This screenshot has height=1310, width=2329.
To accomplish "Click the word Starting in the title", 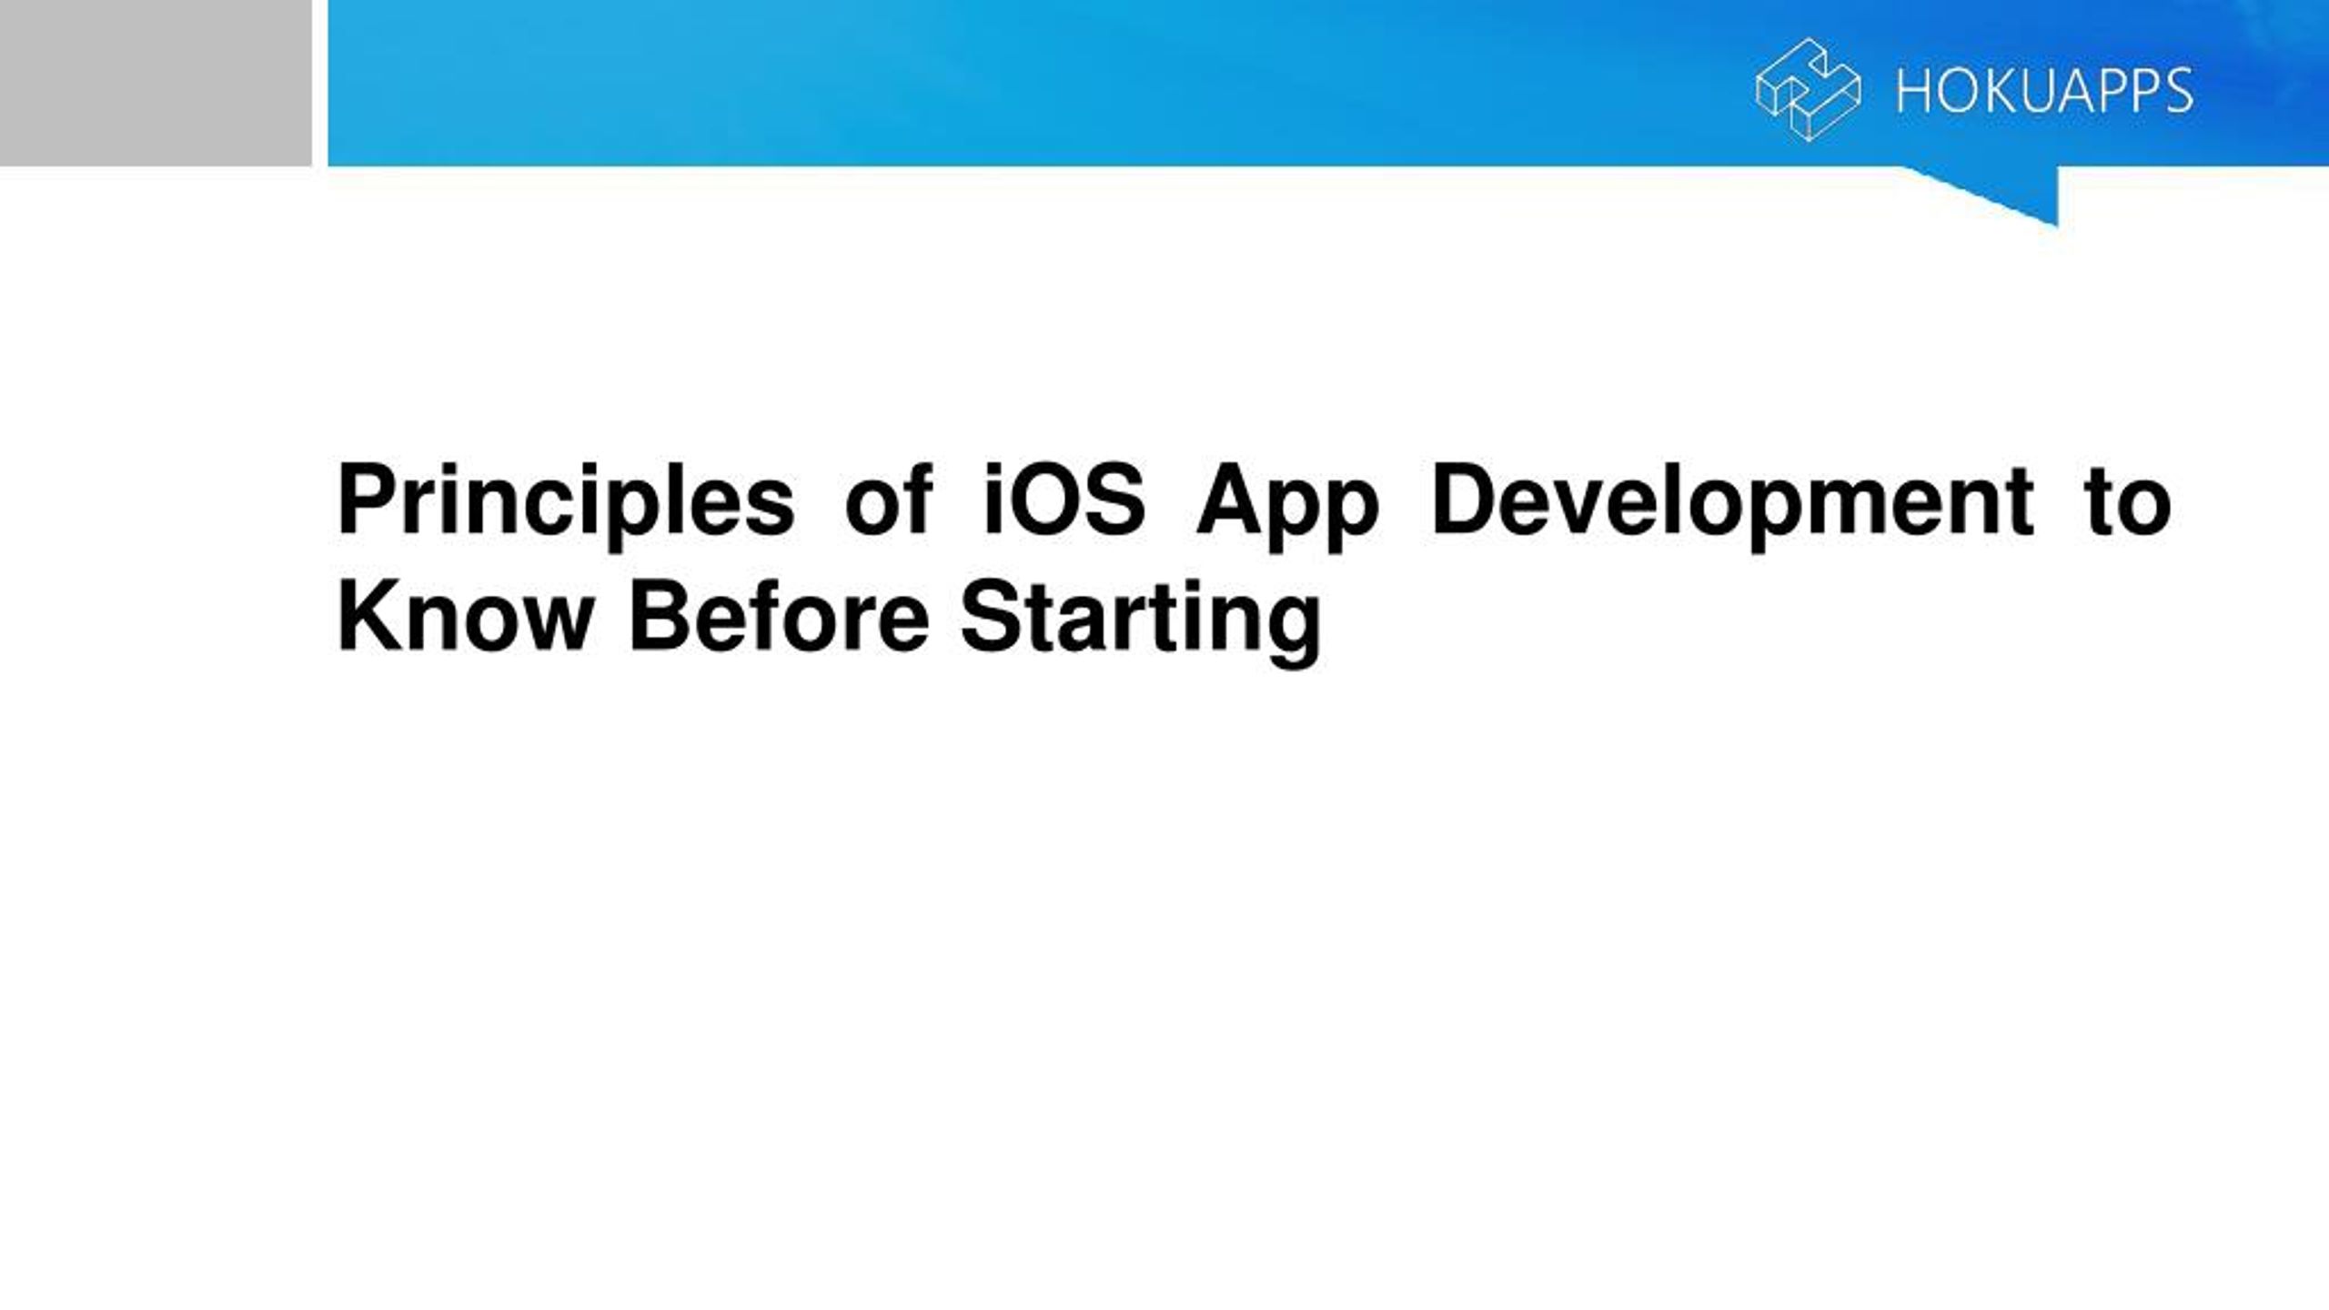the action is pyautogui.click(x=1141, y=622).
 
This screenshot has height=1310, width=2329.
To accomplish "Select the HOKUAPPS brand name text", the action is pyautogui.click(x=2044, y=91).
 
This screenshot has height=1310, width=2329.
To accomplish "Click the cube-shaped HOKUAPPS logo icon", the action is pyautogui.click(x=1808, y=89).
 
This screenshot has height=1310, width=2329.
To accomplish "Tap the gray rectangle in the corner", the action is pyautogui.click(x=156, y=83).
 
